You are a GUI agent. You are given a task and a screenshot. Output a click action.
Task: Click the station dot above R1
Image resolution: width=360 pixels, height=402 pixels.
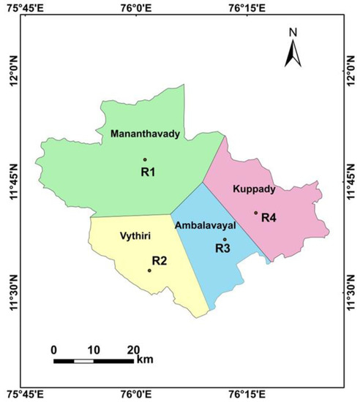(x=145, y=159)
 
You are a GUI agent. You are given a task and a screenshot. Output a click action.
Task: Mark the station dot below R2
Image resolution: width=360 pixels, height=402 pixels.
(x=149, y=270)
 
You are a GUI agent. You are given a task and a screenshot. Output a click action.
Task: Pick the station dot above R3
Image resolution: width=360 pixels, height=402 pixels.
(x=225, y=239)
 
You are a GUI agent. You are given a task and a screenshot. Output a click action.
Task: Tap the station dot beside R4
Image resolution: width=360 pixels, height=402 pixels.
(x=255, y=213)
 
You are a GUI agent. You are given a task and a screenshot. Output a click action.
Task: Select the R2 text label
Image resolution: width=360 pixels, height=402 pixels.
(x=160, y=260)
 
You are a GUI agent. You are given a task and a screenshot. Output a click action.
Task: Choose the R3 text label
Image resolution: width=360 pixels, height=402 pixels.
(x=223, y=249)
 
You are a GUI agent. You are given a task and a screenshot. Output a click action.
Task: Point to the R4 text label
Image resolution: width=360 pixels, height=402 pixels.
(x=269, y=217)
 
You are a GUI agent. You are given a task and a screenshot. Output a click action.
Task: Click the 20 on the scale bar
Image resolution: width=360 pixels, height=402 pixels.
(x=133, y=349)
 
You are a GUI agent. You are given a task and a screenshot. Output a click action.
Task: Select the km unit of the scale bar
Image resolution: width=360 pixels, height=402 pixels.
(x=144, y=360)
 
